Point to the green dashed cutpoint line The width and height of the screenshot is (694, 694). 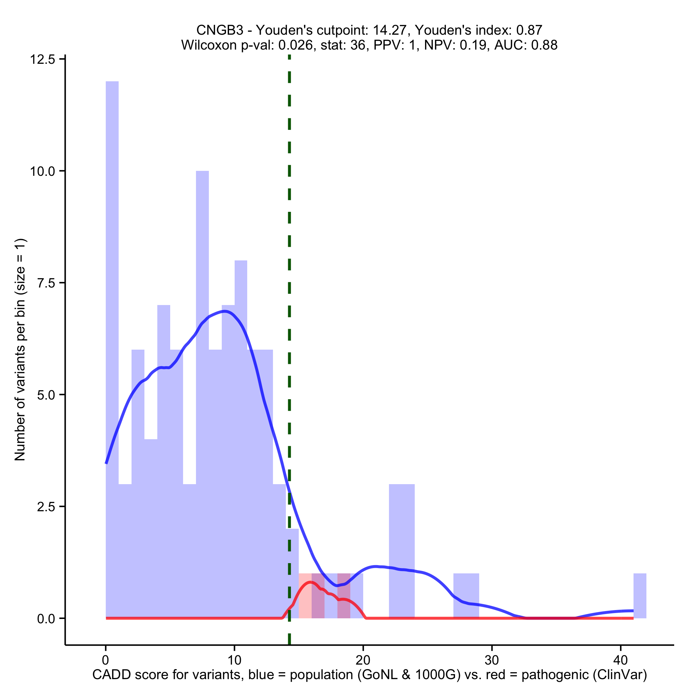[x=289, y=251]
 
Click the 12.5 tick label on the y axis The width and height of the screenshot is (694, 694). [x=42, y=59]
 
